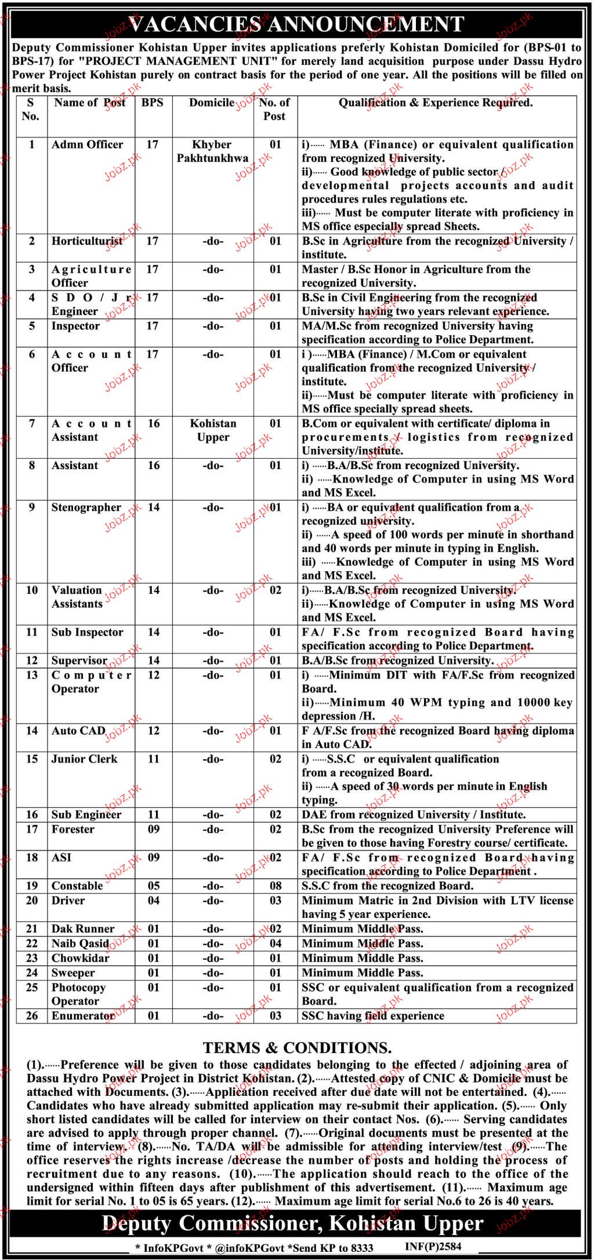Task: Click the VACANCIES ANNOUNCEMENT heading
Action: click(296, 24)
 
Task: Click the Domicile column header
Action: click(212, 103)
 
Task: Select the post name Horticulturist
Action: click(87, 241)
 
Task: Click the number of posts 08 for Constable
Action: click(276, 886)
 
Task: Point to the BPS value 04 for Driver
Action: click(153, 900)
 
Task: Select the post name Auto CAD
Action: click(78, 731)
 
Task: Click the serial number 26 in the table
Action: click(32, 1016)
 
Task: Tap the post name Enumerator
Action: click(83, 1016)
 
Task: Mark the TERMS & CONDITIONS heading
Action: click(297, 1048)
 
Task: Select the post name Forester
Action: click(73, 829)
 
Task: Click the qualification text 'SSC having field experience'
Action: click(373, 1016)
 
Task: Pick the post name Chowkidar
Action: click(80, 958)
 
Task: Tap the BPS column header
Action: click(153, 103)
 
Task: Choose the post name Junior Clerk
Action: click(84, 759)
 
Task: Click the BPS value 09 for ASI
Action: click(153, 858)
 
